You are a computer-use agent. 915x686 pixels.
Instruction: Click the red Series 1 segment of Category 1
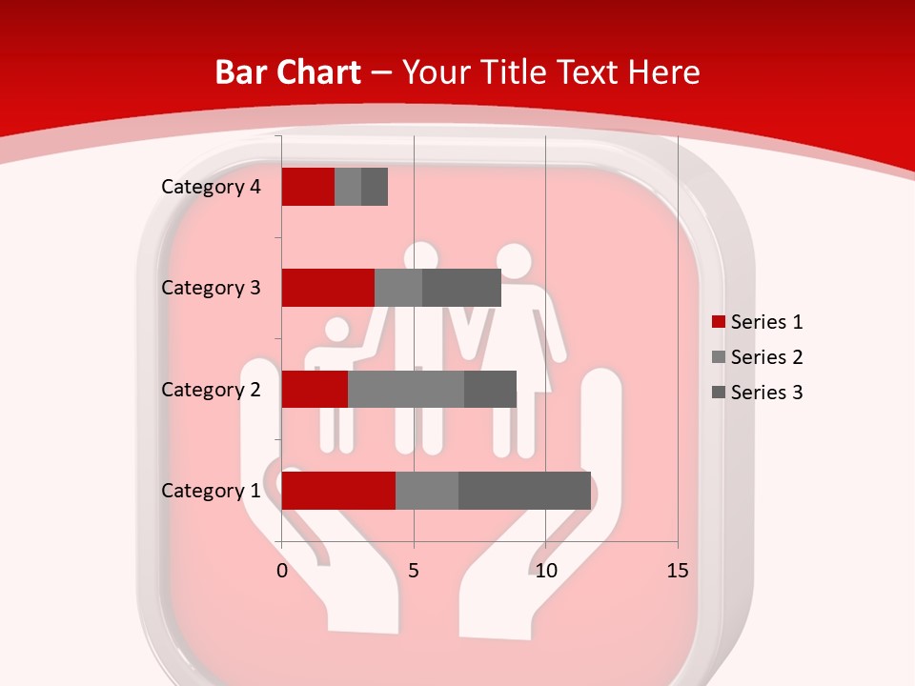coord(338,491)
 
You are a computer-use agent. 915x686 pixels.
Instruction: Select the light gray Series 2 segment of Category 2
coord(406,389)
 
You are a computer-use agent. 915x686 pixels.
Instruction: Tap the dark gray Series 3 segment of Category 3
coord(461,288)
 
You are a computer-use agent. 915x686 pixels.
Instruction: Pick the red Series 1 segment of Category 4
coord(308,187)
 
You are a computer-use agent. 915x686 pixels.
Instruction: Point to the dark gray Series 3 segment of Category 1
coord(524,491)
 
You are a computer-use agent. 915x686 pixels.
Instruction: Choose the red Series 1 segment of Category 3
coord(328,288)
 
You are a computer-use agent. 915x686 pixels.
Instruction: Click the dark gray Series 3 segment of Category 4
coord(375,187)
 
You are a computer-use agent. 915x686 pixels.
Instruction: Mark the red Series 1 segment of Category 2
coord(315,389)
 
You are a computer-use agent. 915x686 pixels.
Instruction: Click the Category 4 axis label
coord(211,187)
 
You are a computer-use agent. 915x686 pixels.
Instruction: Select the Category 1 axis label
coord(211,491)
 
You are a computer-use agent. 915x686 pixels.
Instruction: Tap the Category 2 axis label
coord(211,389)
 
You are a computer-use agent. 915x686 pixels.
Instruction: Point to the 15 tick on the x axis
coord(677,571)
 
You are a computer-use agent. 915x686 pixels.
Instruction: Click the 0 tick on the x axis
coord(282,571)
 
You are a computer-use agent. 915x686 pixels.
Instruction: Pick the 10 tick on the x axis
coord(545,571)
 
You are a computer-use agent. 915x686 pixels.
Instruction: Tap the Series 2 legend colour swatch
coord(718,357)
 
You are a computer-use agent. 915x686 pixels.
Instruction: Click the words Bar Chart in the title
coord(288,72)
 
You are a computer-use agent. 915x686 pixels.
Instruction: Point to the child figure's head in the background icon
coord(337,331)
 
